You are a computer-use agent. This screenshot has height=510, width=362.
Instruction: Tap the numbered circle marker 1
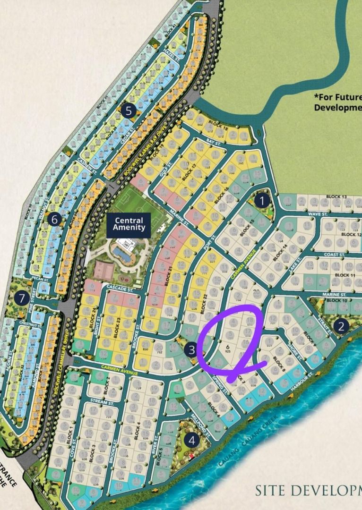click(x=261, y=201)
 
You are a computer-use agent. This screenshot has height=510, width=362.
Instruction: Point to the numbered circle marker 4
click(x=192, y=441)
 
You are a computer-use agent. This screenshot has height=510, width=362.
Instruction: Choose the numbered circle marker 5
click(x=128, y=111)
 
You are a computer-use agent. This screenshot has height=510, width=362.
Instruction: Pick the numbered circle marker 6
click(x=55, y=219)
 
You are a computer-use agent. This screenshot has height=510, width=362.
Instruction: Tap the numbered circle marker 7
click(x=20, y=298)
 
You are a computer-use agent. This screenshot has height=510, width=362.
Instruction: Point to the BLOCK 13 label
click(x=336, y=197)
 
